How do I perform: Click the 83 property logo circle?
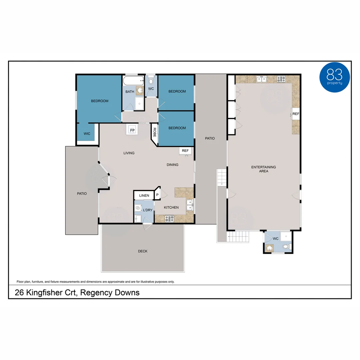(x=334, y=77)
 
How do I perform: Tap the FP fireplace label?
(x=132, y=130)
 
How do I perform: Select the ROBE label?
(x=154, y=131)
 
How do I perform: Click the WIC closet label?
(x=87, y=134)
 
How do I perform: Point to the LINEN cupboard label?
(x=144, y=195)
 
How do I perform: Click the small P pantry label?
(x=157, y=195)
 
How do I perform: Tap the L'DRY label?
(x=148, y=210)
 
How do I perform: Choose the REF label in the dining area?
(x=185, y=151)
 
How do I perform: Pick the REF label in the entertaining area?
(x=296, y=114)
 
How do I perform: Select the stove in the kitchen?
(x=169, y=219)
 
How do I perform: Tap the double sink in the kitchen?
(x=190, y=205)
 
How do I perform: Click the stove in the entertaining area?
(x=281, y=79)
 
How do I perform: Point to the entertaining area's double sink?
(x=261, y=79)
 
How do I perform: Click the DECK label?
(x=143, y=251)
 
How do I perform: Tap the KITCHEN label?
(x=171, y=207)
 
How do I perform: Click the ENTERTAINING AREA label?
(x=263, y=169)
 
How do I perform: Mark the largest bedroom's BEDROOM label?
(x=100, y=101)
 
